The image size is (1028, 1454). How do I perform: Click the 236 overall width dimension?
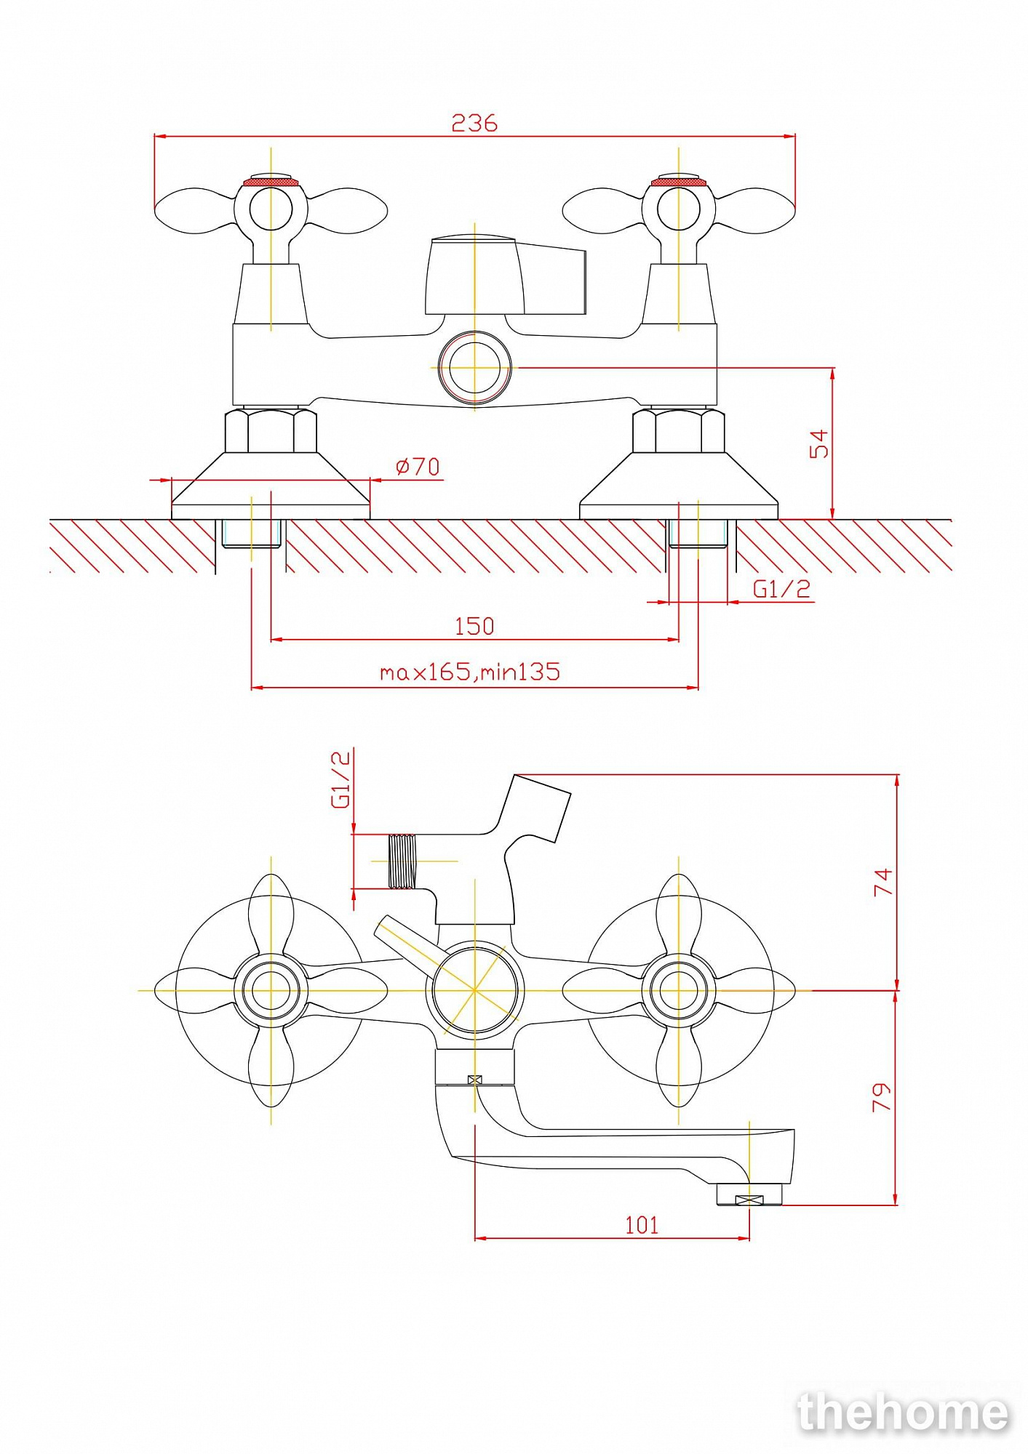click(x=474, y=123)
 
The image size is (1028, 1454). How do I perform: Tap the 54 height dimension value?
click(x=819, y=443)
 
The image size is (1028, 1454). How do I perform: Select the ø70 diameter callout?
click(x=418, y=466)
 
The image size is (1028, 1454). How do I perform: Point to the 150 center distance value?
click(x=474, y=626)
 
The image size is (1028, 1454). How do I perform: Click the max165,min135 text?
click(x=470, y=671)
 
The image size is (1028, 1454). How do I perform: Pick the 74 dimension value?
click(x=882, y=882)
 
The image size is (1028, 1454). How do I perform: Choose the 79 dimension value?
click(x=881, y=1097)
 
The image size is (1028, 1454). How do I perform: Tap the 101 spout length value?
click(x=642, y=1225)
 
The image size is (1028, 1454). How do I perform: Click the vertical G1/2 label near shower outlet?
click(x=340, y=779)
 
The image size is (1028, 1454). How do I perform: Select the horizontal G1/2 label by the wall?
click(x=781, y=588)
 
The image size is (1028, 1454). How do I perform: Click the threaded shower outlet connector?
click(x=402, y=861)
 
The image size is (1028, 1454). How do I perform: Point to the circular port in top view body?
click(x=474, y=368)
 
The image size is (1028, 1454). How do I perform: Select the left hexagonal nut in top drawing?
click(x=271, y=430)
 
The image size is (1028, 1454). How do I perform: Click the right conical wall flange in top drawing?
click(x=679, y=486)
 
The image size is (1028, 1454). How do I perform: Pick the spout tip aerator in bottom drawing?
click(x=749, y=1194)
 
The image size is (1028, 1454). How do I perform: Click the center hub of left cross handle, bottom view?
click(x=271, y=990)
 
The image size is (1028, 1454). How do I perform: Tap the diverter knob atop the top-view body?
click(x=506, y=276)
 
